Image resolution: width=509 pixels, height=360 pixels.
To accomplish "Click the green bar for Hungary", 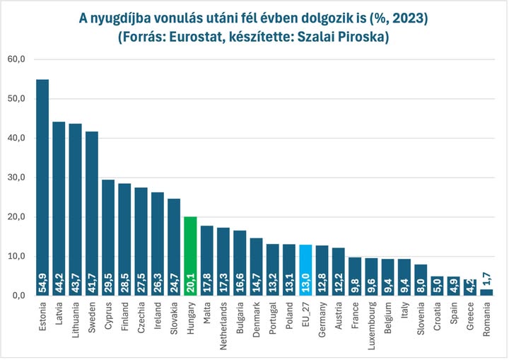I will [190, 255].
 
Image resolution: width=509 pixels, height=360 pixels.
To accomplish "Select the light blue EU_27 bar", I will [305, 269].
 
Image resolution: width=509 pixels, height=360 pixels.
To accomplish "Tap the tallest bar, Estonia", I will [42, 184].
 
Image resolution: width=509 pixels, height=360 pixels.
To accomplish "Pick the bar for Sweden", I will [92, 212].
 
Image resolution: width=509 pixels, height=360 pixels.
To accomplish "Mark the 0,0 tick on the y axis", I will [17, 296].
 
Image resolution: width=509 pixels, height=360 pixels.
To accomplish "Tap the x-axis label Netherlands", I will [223, 325].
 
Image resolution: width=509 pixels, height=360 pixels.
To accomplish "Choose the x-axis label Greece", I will [469, 316].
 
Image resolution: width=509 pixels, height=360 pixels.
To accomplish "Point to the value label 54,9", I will [42, 281].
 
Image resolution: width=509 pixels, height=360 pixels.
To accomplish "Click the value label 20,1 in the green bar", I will [190, 281].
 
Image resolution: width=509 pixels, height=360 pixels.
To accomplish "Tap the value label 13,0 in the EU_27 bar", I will [305, 281].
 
